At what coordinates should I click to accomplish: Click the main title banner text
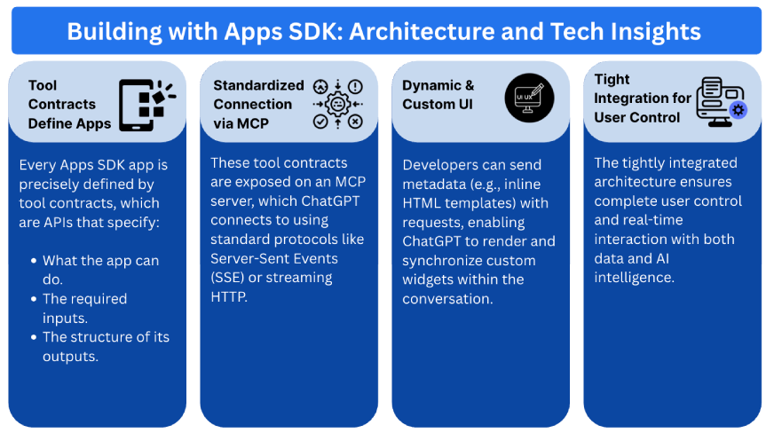click(x=384, y=32)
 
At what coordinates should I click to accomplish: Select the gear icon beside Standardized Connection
click(x=337, y=104)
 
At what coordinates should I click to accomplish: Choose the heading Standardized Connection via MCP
click(x=258, y=104)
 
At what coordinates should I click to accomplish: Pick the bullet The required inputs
click(x=85, y=308)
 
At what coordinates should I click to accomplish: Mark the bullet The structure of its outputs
click(x=106, y=346)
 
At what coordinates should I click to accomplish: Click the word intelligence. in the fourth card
click(x=635, y=278)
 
